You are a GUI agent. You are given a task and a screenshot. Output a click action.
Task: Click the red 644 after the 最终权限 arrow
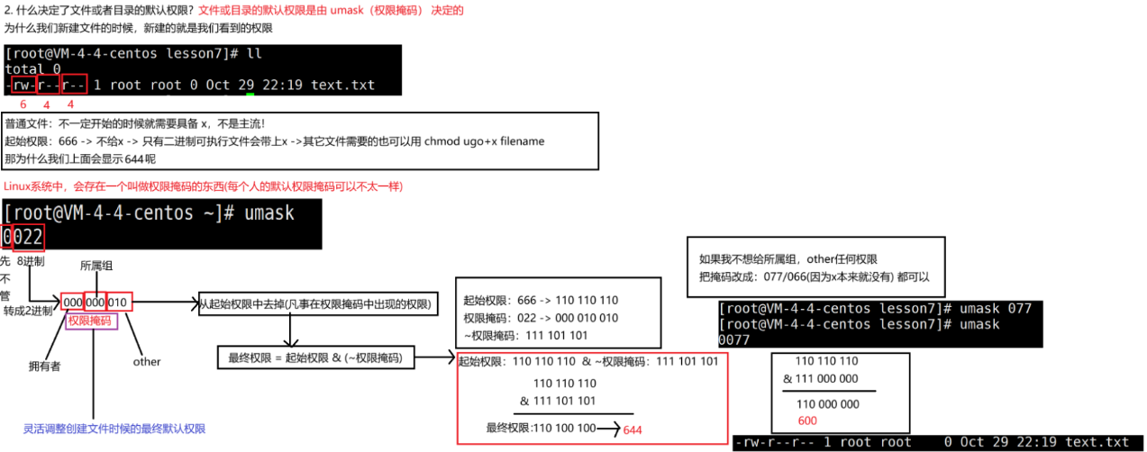(633, 429)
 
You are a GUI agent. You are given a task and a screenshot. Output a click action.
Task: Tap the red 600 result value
(807, 421)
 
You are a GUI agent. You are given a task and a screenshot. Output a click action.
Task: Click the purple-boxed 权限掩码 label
(92, 321)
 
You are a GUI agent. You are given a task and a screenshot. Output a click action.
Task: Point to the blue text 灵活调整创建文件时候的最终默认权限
(114, 429)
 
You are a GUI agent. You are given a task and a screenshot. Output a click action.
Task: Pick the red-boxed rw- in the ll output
(23, 86)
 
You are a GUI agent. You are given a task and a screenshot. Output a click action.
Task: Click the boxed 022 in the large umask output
(28, 237)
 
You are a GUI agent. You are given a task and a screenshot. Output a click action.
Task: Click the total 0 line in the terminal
(32, 68)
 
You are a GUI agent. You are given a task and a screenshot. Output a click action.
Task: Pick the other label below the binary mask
(146, 362)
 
